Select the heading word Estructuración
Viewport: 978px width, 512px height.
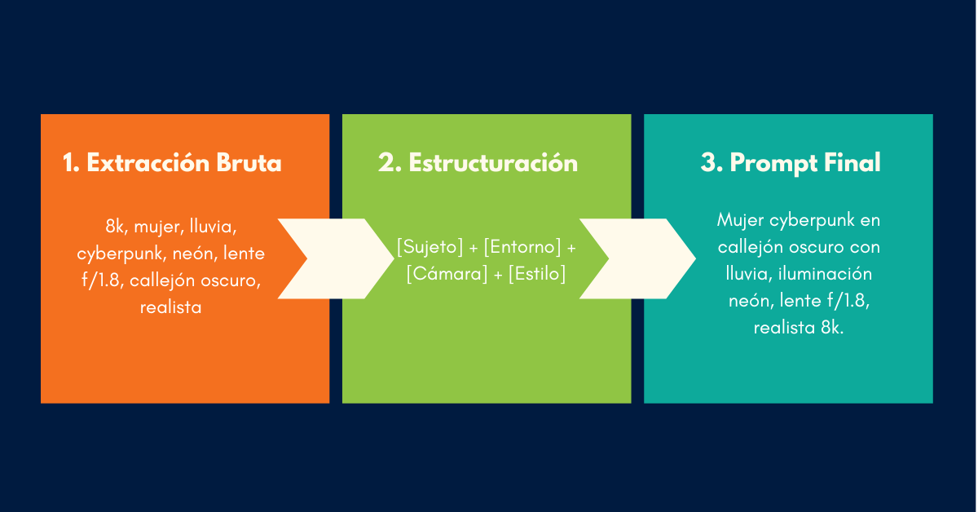(x=493, y=163)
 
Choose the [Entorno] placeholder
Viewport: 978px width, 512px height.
(x=522, y=246)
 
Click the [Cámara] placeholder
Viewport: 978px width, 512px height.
(x=447, y=274)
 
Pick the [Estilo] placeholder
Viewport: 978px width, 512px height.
(x=536, y=274)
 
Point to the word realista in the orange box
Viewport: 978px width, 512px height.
(x=170, y=308)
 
